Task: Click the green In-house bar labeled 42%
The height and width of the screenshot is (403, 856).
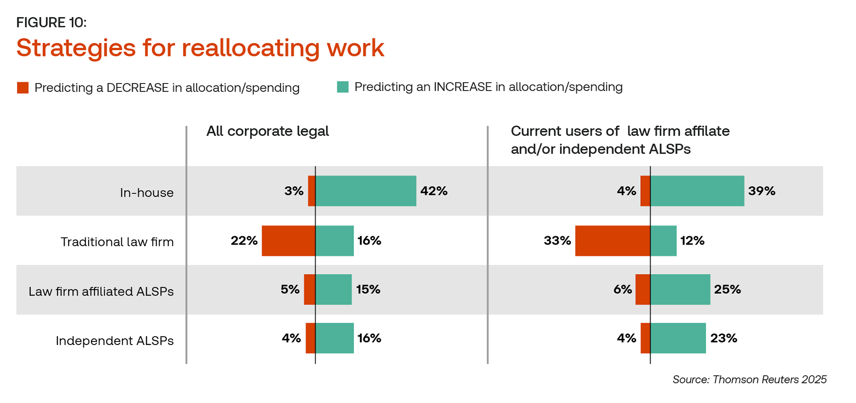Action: point(366,191)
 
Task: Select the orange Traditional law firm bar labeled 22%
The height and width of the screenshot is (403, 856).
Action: point(288,241)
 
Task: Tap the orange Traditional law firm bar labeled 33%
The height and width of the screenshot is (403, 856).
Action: point(613,241)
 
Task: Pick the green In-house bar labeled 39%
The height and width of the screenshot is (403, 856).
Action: point(697,191)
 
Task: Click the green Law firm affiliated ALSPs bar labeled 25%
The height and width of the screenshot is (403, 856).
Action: point(680,290)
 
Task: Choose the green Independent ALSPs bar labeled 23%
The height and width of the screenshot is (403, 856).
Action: point(678,338)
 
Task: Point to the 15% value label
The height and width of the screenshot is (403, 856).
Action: point(368,290)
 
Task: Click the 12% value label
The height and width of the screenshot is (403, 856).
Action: point(692,241)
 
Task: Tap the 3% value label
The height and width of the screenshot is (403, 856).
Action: point(294,191)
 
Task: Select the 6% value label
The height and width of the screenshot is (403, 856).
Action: point(622,290)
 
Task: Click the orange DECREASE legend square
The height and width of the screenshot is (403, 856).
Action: point(23,87)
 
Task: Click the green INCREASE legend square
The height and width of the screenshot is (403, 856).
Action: point(342,87)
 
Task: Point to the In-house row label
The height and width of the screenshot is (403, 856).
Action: point(147,193)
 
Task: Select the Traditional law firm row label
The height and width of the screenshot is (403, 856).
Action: point(117,242)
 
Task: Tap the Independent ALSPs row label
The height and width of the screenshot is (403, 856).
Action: point(115,341)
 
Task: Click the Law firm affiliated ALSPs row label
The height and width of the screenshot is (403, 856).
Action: point(101,291)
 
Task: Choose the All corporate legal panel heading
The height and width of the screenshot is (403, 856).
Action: point(267,131)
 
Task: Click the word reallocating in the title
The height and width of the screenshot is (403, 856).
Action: point(251,48)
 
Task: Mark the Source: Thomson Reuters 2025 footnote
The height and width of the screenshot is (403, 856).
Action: point(749,380)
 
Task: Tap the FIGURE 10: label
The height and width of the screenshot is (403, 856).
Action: point(51,22)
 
